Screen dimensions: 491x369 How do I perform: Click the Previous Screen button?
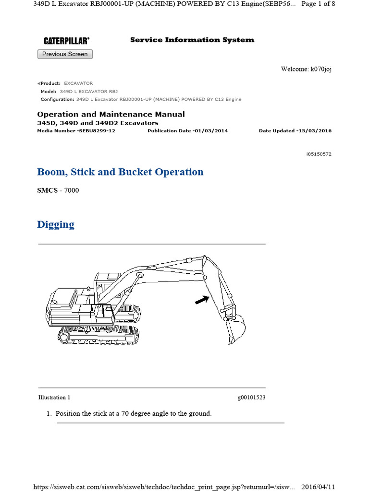[x=65, y=54]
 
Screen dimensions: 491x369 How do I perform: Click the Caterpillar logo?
[x=66, y=41]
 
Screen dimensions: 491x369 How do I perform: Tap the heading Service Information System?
[x=192, y=40]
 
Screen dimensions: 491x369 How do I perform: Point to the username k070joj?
[x=321, y=69]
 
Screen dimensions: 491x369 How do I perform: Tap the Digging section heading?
[x=56, y=224]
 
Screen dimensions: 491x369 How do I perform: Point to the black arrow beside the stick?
[x=202, y=300]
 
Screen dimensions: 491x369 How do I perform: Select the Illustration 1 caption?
[x=54, y=397]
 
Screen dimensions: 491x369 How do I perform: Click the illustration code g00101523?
[x=251, y=397]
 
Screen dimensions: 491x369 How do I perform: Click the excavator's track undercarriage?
[x=98, y=334]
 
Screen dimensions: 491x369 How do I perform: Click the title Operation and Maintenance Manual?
[x=111, y=114]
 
